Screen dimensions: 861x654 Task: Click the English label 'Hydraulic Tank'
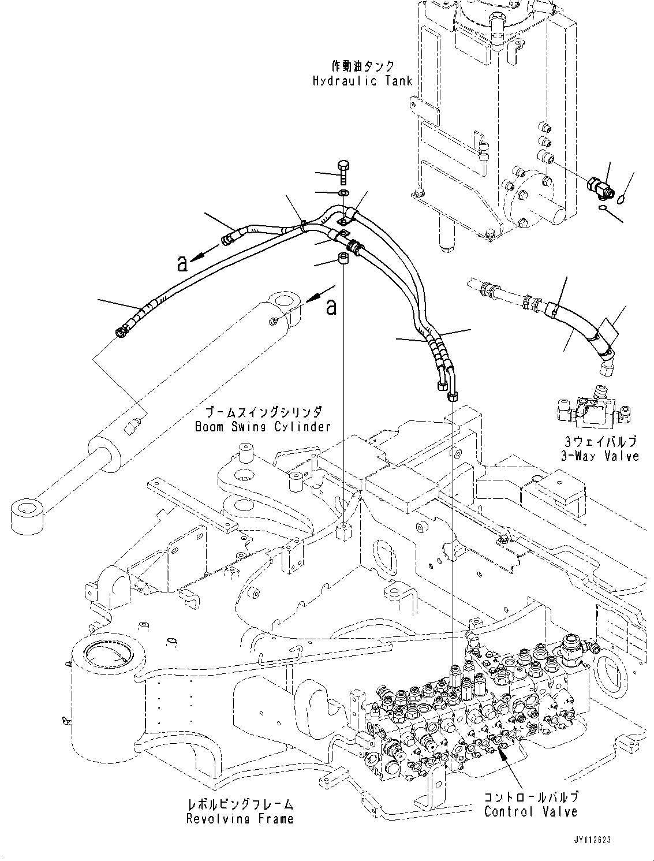(x=362, y=81)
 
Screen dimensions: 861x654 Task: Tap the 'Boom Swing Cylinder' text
(x=263, y=427)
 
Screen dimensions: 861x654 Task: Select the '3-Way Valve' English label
(x=600, y=456)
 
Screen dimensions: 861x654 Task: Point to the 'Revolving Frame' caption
(x=240, y=818)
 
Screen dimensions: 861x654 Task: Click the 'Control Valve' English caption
(x=530, y=811)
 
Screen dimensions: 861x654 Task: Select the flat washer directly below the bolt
(x=343, y=192)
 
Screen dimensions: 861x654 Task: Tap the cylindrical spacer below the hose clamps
(x=343, y=258)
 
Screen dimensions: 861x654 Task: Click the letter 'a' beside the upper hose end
(x=183, y=264)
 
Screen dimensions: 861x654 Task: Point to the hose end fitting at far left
(x=121, y=331)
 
